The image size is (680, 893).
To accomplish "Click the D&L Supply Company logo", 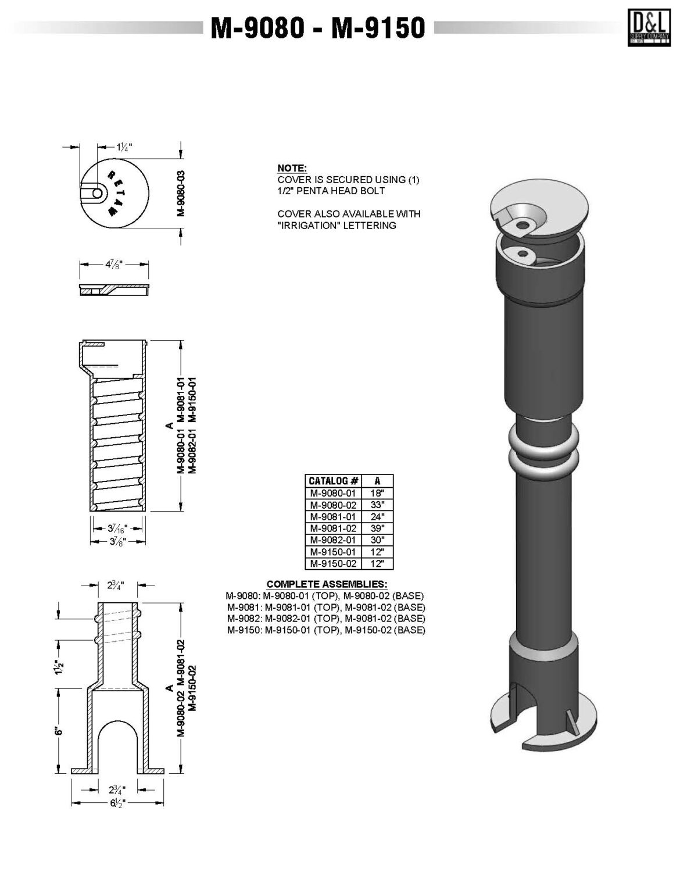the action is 648,27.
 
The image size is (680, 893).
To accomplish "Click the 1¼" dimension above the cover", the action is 124,147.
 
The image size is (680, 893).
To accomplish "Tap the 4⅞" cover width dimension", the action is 114,264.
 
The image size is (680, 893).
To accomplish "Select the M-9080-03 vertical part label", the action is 181,193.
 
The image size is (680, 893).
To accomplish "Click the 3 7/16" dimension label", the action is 117,528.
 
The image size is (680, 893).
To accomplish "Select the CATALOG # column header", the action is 334,481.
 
